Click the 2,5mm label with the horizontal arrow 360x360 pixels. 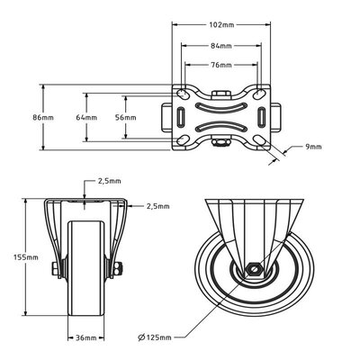(156, 206)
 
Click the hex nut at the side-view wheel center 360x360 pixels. (255, 269)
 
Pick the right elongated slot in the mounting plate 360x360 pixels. (260, 118)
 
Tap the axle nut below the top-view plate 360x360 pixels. (220, 140)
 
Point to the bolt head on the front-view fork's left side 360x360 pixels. (53, 267)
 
